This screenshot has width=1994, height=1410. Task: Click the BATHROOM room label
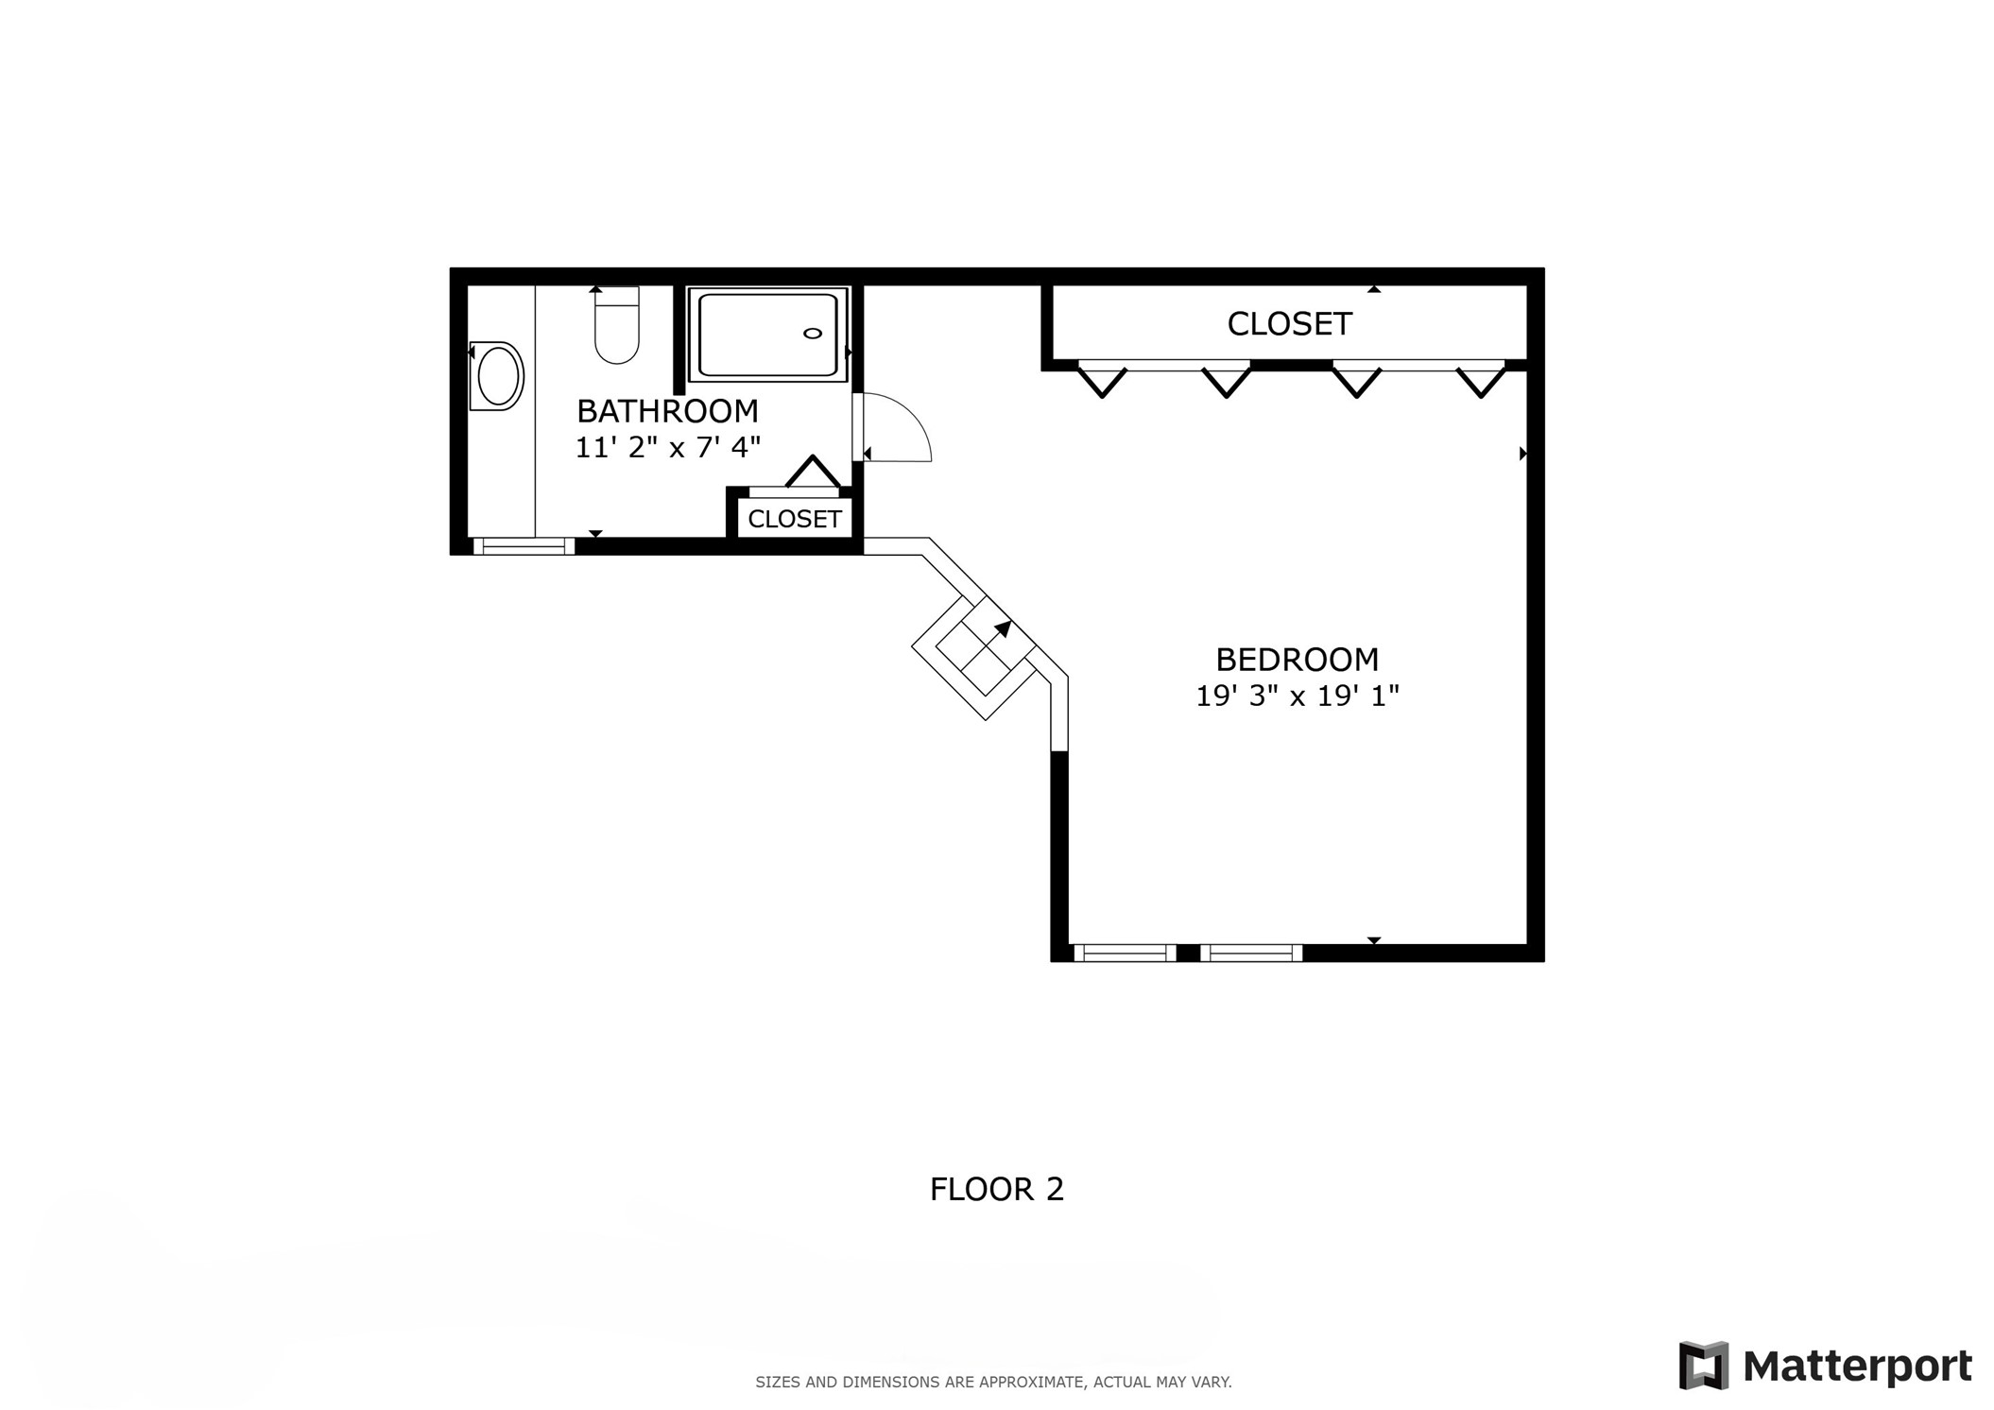point(667,411)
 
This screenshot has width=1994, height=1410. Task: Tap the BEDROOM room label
point(1297,659)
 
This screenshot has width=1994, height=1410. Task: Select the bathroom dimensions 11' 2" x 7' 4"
point(667,447)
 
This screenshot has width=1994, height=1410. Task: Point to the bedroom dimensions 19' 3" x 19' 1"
point(1297,696)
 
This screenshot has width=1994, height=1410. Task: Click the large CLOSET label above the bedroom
point(1289,324)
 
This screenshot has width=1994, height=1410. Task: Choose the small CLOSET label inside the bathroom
point(794,519)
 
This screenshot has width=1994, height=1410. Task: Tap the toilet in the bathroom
point(617,325)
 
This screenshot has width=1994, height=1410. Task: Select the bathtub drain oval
point(812,334)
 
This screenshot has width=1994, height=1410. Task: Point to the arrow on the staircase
point(1003,629)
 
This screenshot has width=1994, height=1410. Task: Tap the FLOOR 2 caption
point(997,1189)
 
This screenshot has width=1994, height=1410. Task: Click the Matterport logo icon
point(1704,1366)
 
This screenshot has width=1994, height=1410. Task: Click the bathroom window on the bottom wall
point(524,545)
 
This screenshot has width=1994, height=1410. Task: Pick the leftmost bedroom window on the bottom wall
point(1125,953)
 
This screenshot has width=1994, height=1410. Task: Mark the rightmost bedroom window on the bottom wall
point(1251,953)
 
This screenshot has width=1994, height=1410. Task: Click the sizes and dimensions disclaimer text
point(993,1382)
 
